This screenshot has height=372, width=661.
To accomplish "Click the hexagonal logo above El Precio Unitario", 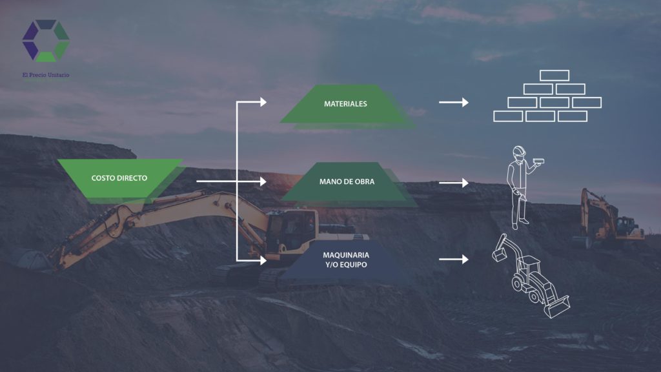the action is point(46,41).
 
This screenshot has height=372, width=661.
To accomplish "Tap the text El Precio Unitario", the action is point(46,75).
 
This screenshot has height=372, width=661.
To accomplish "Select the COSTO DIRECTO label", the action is point(119,178).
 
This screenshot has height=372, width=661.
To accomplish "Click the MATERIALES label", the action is point(345,104).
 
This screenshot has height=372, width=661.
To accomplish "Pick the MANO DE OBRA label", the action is point(347,181).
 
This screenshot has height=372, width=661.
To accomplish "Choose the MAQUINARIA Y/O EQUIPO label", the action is point(346,260).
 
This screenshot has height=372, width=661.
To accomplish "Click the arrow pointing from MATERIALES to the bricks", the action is point(454,102).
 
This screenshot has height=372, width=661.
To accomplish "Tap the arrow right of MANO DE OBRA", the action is point(454,183).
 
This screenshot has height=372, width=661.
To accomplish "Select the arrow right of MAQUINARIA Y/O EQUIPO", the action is point(454,259).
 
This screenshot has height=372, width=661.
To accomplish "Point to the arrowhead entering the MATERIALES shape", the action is point(263,101).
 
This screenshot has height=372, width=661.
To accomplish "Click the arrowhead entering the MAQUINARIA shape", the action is point(263,260).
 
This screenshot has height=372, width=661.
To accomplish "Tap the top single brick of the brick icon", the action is point(554,76).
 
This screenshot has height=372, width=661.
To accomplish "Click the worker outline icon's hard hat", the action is point(519,150).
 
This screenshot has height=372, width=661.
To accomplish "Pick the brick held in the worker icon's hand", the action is point(538,161).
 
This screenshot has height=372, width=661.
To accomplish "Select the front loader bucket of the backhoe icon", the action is point(557,307).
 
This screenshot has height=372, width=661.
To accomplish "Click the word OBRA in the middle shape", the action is point(364,181).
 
